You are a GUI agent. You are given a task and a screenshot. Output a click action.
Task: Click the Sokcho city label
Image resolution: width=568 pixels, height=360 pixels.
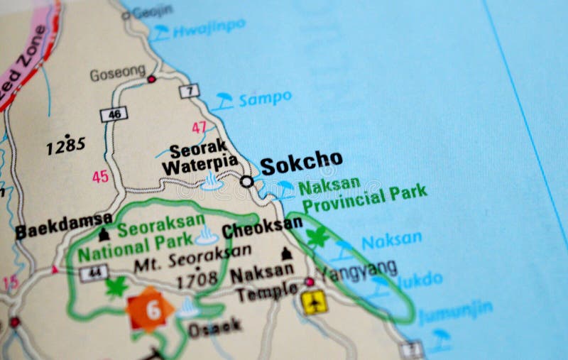tap(300, 164)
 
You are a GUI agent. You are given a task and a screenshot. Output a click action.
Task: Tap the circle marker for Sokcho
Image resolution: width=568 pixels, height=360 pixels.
tap(246, 182)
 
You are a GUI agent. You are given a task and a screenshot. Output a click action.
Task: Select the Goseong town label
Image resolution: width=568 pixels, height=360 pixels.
tap(117, 73)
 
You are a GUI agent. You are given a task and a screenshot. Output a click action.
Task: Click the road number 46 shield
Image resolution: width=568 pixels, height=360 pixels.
tap(113, 114)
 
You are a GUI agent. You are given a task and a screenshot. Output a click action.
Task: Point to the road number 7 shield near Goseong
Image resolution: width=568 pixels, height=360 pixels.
tap(189, 90)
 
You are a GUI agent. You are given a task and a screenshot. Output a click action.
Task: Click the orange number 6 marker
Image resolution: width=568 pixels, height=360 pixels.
tap(150, 310)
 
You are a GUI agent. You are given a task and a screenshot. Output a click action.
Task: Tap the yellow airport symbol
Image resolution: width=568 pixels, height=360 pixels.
tap(314, 302)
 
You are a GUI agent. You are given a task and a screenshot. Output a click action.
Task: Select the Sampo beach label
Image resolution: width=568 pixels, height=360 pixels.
tap(265, 99)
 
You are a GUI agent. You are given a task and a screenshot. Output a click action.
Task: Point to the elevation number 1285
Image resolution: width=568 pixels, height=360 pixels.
tap(66, 146)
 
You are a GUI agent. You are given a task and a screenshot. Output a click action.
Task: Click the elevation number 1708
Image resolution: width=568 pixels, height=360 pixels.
tap(197, 280)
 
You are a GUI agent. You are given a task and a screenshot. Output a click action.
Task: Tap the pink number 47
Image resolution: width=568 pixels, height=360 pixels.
tap(200, 128)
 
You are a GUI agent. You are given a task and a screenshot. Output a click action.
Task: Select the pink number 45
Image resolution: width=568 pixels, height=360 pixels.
tap(100, 176)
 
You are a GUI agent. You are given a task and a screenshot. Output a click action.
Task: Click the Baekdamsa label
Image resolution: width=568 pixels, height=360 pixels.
tap(63, 225)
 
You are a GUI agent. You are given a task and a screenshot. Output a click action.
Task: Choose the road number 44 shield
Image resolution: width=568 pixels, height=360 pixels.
tap(94, 273)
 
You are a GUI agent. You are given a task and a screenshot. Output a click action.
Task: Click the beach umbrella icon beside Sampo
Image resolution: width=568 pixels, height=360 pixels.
tap(224, 101)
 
